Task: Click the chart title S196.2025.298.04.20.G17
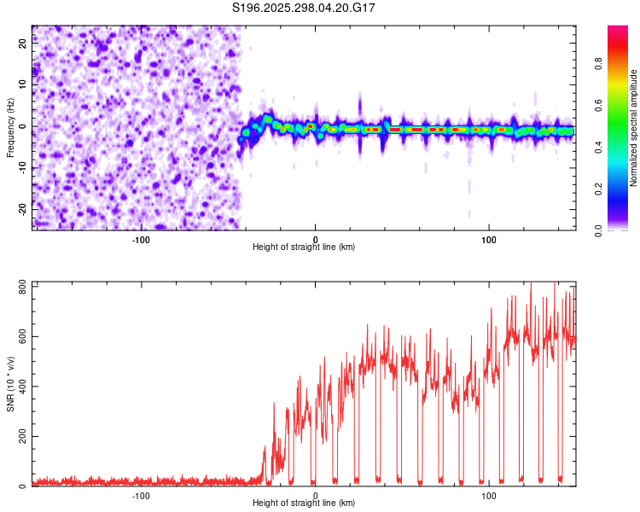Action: pos(305,8)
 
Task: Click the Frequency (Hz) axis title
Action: pos(10,127)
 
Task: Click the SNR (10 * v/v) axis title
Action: pos(10,383)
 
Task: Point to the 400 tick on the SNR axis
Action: pos(19,386)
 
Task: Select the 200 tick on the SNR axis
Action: pos(19,436)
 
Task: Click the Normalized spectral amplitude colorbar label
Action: pos(633,128)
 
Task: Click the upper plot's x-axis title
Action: pos(304,247)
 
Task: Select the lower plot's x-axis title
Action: pos(304,503)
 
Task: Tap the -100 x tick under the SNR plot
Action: pos(141,495)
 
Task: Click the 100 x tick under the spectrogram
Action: pos(489,239)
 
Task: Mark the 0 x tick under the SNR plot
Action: pos(315,495)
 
